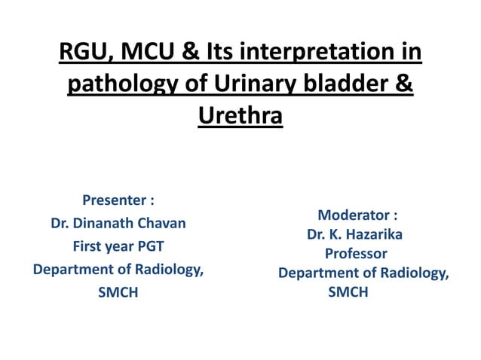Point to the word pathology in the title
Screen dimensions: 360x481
tap(121, 85)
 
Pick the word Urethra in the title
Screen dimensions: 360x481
tap(240, 117)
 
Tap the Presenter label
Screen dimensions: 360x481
tap(113, 200)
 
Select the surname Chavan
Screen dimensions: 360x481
tap(164, 224)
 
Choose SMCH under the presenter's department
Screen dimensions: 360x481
tap(118, 293)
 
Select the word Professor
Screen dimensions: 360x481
tap(356, 254)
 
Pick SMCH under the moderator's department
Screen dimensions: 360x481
tap(348, 292)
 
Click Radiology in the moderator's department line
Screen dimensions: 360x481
tap(412, 273)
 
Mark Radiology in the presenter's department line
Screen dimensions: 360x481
tap(167, 270)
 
